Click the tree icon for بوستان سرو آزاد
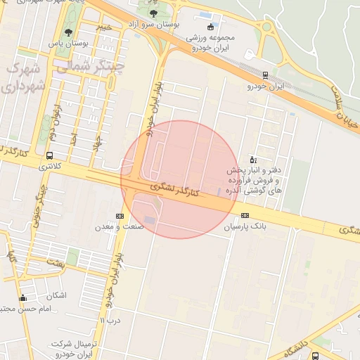(x=154, y=13)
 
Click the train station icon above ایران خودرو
(x=265, y=75)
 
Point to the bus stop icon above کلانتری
(x=49, y=155)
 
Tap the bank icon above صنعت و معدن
(x=119, y=216)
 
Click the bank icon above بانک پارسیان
(x=245, y=215)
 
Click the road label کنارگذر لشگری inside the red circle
(x=176, y=190)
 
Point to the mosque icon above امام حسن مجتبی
(x=22, y=297)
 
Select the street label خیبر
(x=103, y=27)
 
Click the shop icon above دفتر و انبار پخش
(x=254, y=160)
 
